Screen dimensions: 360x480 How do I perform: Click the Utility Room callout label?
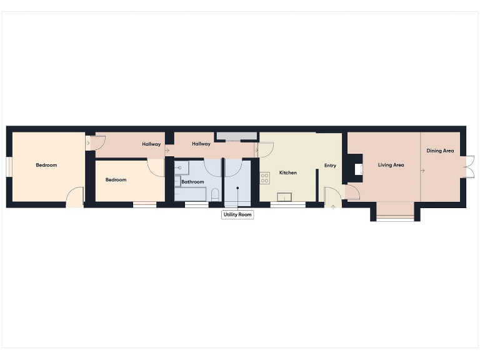coord(237,215)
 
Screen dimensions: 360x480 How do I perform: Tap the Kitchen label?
coord(287,172)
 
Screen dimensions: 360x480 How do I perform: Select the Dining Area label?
coord(440,151)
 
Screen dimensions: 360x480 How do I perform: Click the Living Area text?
coord(391,165)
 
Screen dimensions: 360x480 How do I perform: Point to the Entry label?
coord(330,166)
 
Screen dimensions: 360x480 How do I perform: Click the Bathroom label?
coord(192,182)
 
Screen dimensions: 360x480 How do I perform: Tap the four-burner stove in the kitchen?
coord(264,177)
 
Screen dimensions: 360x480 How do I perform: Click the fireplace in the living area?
coord(357,169)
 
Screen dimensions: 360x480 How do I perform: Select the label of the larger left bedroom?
coord(46,165)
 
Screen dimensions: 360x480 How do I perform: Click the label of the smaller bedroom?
coord(116,180)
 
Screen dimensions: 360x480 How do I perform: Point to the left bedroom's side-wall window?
coord(9,171)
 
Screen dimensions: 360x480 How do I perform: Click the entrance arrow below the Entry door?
coord(332,206)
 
